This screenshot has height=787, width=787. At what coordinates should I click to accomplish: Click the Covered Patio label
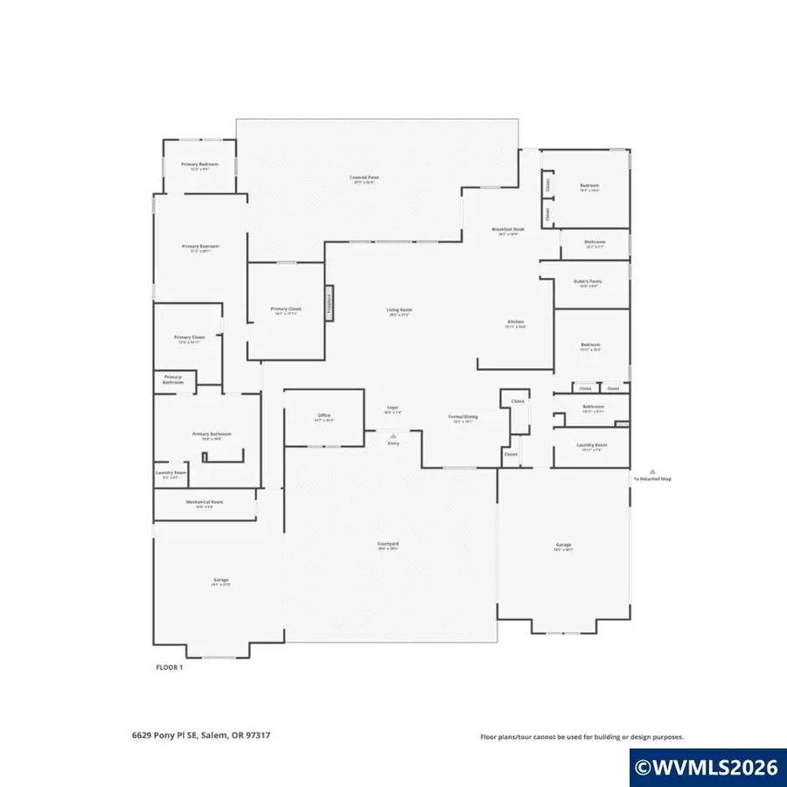coord(365,178)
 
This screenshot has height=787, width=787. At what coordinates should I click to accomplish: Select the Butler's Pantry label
coord(585,282)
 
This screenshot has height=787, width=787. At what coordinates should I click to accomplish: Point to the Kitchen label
coord(516,324)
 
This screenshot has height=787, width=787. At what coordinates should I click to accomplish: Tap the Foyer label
coord(393,408)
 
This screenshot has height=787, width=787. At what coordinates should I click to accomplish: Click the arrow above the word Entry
coord(393,435)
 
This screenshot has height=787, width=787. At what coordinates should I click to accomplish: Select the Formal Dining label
coord(461,418)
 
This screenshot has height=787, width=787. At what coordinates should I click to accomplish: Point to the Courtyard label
coord(388,545)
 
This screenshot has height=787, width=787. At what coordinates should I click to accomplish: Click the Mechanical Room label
coord(205,503)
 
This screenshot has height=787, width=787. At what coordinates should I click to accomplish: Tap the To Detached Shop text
coord(652,479)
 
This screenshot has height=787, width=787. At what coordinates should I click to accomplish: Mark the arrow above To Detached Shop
coord(651,471)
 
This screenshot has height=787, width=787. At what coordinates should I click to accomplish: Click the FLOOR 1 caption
coord(169,666)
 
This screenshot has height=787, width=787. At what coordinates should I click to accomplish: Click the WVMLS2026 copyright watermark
coord(707,768)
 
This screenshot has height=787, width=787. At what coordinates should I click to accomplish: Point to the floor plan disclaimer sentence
coord(582,737)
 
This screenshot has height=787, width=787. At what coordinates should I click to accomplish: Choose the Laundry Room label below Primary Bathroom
coord(171,474)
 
